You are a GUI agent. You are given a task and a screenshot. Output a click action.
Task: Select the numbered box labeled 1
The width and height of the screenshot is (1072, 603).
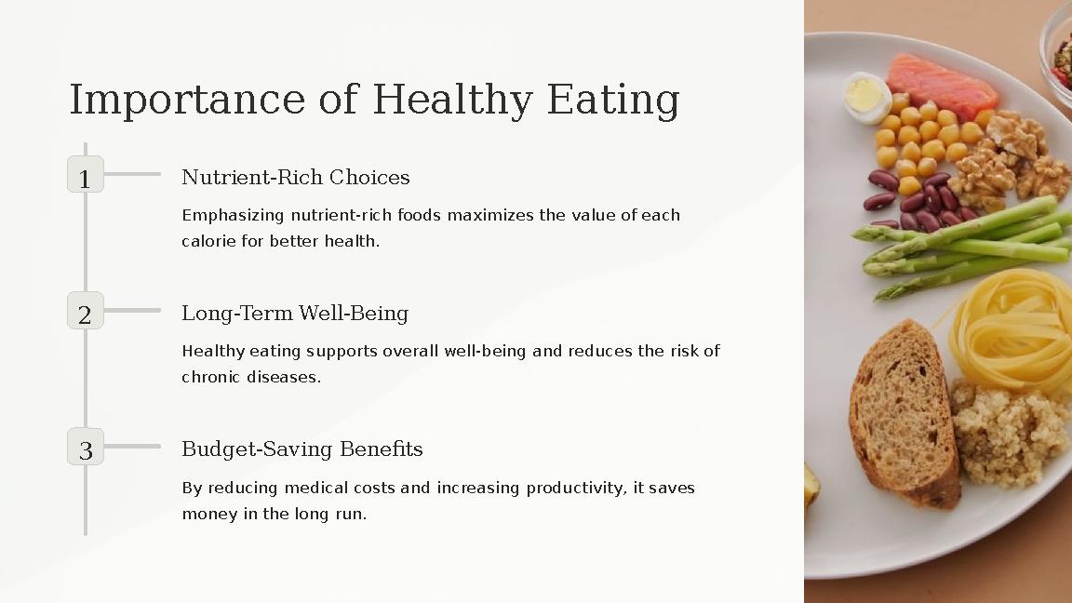[86, 175]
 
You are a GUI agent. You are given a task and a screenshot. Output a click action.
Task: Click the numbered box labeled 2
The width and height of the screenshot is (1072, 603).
[86, 311]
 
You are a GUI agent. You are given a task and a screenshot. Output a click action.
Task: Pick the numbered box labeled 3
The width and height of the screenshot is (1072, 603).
[86, 447]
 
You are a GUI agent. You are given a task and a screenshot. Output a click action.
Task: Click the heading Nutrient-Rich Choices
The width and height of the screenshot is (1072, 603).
[295, 177]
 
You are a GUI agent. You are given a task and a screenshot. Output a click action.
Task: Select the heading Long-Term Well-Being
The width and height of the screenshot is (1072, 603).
[294, 313]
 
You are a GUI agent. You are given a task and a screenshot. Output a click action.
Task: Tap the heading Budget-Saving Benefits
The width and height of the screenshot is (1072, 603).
[301, 449]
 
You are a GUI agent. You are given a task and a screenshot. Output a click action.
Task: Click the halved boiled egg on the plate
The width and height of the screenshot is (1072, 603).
[866, 98]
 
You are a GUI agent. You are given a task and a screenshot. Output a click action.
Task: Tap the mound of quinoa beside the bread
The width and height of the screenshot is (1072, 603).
[1010, 433]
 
